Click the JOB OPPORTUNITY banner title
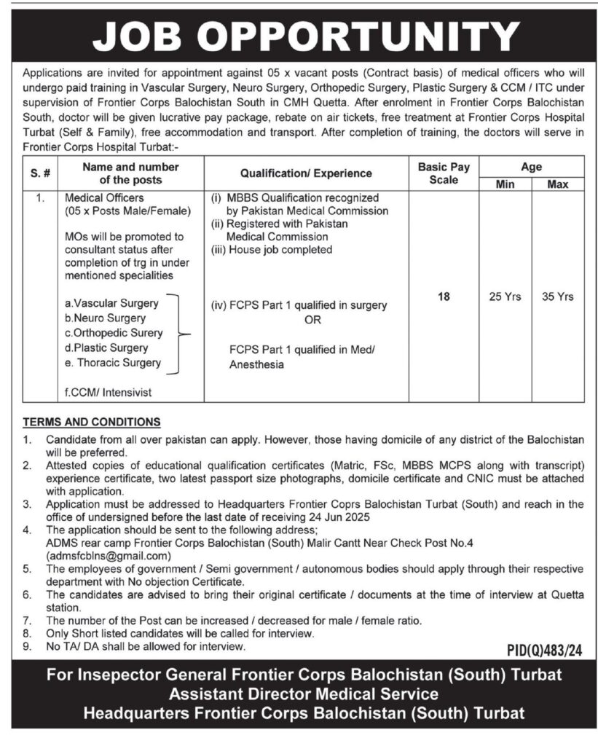(299, 35)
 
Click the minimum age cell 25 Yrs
(504, 297)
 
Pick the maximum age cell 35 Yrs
(558, 297)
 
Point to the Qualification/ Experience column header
(306, 173)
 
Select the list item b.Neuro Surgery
(106, 318)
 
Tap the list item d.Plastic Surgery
(106, 348)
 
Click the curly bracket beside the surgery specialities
(181, 334)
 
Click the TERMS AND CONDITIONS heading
(92, 423)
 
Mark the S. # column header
(41, 173)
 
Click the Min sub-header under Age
(505, 184)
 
